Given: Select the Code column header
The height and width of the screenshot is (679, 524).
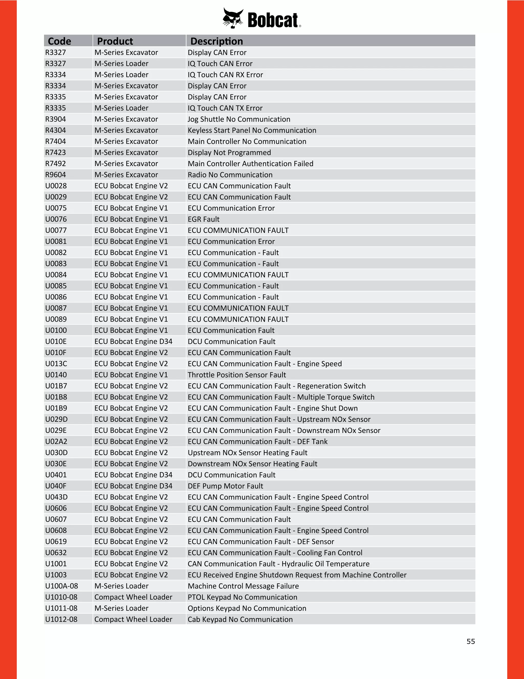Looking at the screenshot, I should tap(59, 41).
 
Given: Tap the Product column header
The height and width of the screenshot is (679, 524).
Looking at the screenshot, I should tap(115, 41).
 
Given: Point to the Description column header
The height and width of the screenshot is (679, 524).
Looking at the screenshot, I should tap(216, 41).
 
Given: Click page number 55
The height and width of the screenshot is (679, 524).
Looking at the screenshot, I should tap(471, 641).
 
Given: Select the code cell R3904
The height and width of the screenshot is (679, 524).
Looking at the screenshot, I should tap(56, 119).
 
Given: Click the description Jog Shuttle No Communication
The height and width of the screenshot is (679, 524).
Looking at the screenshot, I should tap(239, 119).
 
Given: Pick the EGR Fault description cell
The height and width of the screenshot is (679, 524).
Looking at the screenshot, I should tap(203, 219).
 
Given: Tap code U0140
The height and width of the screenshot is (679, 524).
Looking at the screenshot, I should tap(56, 375).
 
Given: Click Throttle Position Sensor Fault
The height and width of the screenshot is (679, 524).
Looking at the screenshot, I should tap(237, 375).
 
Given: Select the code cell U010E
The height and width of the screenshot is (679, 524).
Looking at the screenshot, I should tap(56, 341).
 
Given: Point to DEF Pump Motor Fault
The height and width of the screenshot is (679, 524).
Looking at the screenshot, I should tap(225, 486).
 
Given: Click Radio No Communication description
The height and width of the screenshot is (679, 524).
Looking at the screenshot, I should tap(230, 175).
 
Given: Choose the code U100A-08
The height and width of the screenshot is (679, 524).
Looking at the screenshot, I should tap(61, 586).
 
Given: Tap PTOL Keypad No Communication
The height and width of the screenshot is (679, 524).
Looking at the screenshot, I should tap(242, 597).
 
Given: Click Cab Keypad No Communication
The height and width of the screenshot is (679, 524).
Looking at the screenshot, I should tap(240, 619).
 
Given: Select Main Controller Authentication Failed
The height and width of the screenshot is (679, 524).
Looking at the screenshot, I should tap(250, 163).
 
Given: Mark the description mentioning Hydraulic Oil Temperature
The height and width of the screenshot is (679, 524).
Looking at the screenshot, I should tap(278, 564).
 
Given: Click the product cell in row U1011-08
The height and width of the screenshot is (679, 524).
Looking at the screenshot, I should tap(121, 608).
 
